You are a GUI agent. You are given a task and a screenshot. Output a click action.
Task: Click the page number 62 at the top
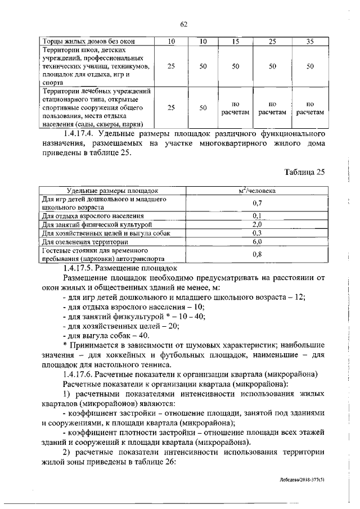click(183, 24)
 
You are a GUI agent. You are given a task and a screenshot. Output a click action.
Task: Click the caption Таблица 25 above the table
click(305, 172)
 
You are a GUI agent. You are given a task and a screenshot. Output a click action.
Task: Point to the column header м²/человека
click(256, 191)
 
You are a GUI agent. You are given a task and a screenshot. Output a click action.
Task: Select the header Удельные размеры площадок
click(112, 191)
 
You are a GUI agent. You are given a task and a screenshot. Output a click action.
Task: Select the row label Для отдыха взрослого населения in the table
click(93, 215)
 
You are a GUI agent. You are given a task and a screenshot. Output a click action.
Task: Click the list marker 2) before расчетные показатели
click(67, 451)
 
